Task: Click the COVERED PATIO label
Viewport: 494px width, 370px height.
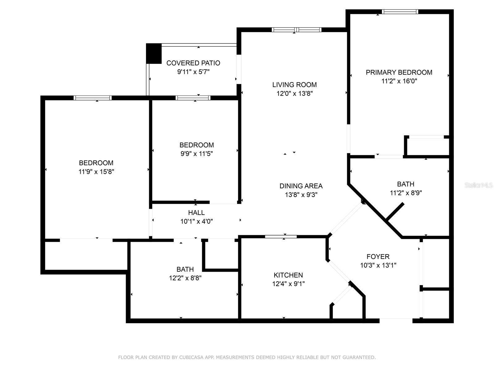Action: click(x=193, y=63)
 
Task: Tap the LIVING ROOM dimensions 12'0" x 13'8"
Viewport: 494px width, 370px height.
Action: click(x=295, y=93)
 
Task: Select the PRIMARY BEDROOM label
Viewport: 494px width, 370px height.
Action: click(x=399, y=72)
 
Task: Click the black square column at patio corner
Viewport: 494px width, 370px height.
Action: click(x=154, y=54)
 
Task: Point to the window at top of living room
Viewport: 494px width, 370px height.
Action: click(x=296, y=30)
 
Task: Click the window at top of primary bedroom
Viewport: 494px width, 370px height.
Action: click(x=400, y=12)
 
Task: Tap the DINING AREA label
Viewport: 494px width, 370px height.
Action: click(x=301, y=186)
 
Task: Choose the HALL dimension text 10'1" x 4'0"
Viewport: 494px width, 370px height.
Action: click(x=197, y=221)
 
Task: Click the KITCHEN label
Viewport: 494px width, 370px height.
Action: click(x=288, y=275)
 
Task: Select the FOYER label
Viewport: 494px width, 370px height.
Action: click(x=378, y=257)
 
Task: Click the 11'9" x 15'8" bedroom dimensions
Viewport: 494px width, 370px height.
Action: click(x=96, y=172)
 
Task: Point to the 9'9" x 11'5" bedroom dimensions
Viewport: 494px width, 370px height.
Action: click(x=197, y=154)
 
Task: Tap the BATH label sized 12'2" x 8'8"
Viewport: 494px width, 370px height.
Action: click(x=185, y=269)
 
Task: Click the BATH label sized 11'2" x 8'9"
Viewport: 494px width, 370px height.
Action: click(x=406, y=184)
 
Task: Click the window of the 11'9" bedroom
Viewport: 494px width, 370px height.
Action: click(x=93, y=98)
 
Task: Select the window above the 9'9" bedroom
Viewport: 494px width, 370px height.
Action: click(x=193, y=98)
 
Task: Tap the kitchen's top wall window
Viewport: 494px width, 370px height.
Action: click(x=281, y=237)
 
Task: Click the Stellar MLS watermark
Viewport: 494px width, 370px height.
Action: click(x=479, y=185)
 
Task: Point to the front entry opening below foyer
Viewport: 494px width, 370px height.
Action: click(x=396, y=321)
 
